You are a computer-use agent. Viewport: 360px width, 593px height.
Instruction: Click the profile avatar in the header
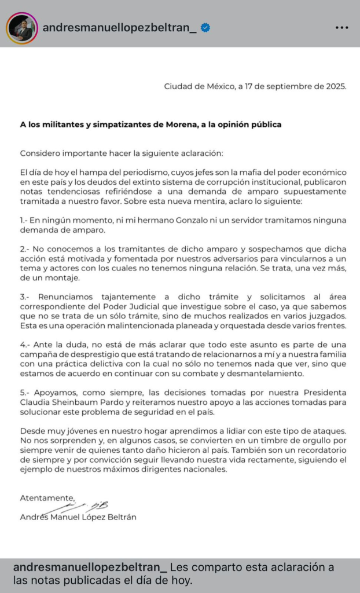[x=22, y=28]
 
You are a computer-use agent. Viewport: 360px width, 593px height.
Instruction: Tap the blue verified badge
[x=205, y=28]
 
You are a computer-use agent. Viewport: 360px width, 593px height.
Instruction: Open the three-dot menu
[x=342, y=28]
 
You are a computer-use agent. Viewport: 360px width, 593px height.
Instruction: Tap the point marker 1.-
[x=26, y=220]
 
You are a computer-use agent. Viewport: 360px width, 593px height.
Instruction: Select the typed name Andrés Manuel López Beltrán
[x=78, y=517]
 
